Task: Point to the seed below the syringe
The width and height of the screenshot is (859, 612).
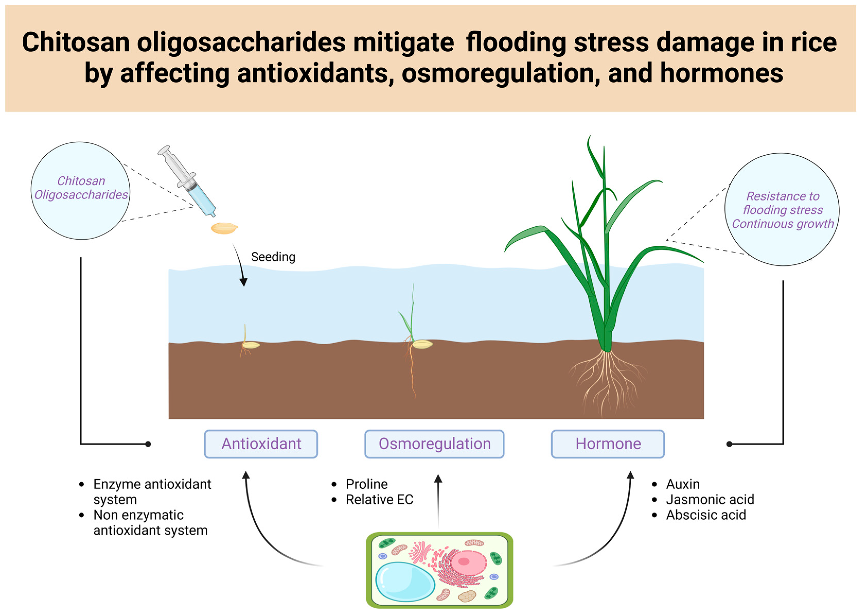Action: point(224,228)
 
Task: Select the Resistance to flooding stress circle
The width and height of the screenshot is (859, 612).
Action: point(782,209)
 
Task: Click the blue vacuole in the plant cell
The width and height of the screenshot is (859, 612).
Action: point(404,581)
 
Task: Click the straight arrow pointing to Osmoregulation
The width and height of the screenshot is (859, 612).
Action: point(438,501)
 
